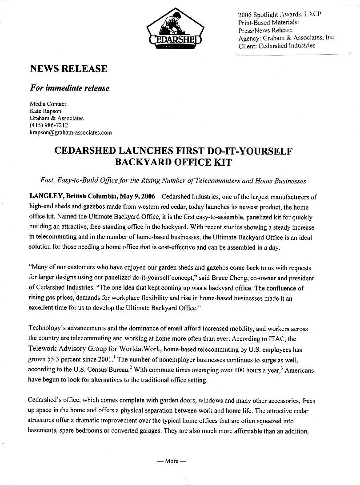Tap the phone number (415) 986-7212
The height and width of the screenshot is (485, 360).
coord(49,125)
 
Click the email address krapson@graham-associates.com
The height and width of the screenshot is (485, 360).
coord(70,132)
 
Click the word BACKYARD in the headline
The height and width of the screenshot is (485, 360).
coord(143,162)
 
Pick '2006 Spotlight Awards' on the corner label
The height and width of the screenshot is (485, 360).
coord(266,14)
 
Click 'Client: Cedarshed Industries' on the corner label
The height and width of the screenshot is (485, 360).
coord(276,45)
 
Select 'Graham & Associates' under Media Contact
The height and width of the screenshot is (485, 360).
coord(56,118)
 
